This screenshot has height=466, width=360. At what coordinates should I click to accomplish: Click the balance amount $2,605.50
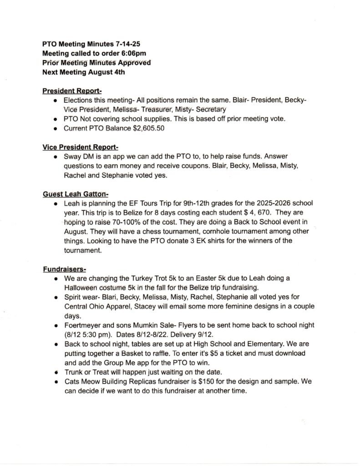point(149,129)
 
